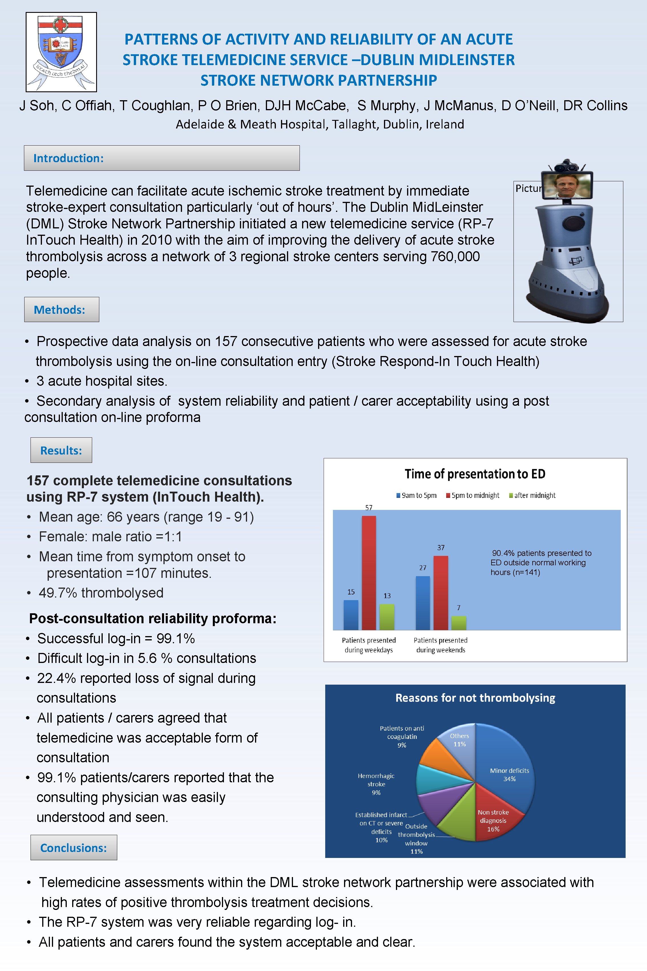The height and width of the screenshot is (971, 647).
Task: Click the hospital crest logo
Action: pos(61,52)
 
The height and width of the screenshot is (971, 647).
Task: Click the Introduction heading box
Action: pos(161,158)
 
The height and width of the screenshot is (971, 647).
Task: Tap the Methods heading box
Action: pos(62,310)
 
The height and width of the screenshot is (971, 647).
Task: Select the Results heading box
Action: pos(61,451)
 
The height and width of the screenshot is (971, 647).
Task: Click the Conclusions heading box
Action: pos(73,848)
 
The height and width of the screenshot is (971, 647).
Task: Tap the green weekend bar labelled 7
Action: pos(458,623)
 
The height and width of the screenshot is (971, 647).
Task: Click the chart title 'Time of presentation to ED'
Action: pos(475,474)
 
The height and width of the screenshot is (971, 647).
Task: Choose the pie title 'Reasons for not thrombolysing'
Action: pos(475,698)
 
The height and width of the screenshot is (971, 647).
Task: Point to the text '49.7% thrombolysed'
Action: pos(101,593)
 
